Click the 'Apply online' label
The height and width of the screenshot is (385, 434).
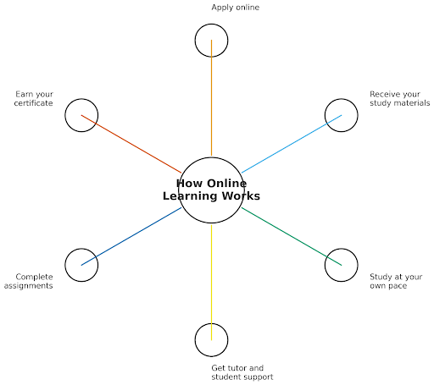236,8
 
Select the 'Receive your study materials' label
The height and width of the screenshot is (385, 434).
399,99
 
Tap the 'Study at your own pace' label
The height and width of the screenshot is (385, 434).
396,281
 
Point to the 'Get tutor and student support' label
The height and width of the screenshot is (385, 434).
242,372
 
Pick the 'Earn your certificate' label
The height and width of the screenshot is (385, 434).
34,98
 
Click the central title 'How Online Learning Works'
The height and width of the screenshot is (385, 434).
211,190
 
